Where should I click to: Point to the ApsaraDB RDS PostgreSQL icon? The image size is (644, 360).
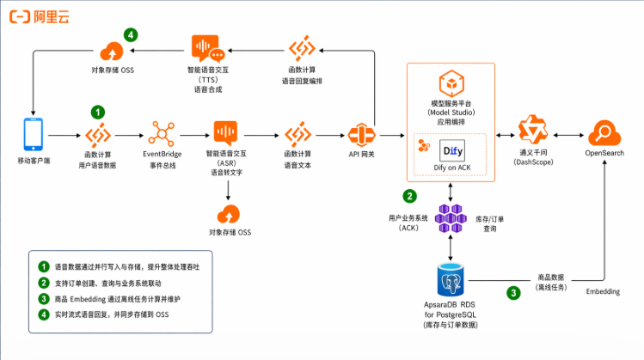pyautogui.click(x=452, y=280)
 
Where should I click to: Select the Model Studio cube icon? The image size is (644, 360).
pyautogui.click(x=452, y=86)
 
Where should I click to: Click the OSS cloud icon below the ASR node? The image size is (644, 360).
pyautogui.click(x=229, y=213)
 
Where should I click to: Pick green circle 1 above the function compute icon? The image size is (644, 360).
pyautogui.click(x=99, y=112)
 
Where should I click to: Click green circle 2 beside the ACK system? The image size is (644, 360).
pyautogui.click(x=410, y=196)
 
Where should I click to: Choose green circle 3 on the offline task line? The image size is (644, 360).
pyautogui.click(x=513, y=292)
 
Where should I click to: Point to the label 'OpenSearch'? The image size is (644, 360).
pyautogui.click(x=606, y=154)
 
